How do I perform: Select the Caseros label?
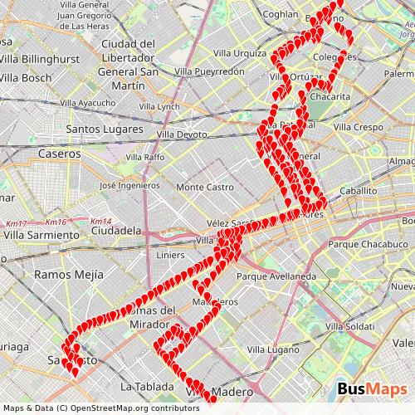point(60,154)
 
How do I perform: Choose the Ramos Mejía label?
point(69,273)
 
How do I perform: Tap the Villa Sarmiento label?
point(41,235)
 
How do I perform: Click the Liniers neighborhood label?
point(170,254)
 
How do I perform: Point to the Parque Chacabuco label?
point(365,245)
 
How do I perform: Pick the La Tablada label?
point(147,386)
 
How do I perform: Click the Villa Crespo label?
point(358,127)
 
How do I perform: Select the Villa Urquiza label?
point(240,52)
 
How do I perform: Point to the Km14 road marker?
point(100,222)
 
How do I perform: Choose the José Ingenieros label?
point(129,185)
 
